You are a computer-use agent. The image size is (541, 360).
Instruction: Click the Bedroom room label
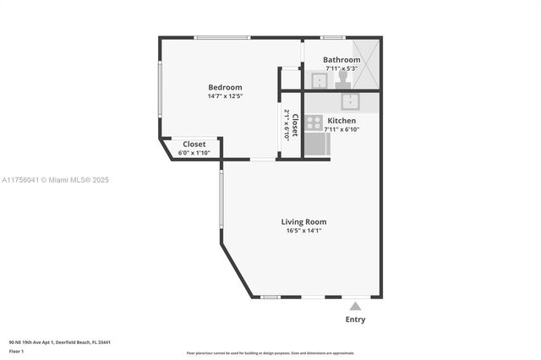coord(225,87)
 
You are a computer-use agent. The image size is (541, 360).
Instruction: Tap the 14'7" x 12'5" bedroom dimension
coord(225,96)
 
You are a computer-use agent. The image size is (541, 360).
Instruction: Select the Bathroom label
coord(342,60)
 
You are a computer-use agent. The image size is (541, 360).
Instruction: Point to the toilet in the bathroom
coord(342,79)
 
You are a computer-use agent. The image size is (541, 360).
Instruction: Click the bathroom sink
coord(320,81)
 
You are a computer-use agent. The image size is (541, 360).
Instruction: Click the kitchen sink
coord(351,102)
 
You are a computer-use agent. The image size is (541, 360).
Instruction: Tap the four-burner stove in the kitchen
coord(314,123)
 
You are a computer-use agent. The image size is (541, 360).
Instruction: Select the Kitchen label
coord(342,121)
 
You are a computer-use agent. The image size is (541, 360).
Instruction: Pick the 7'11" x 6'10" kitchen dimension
coord(342,130)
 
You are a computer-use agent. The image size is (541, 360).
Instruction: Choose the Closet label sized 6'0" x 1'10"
coord(194,144)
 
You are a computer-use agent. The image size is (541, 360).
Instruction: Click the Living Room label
coord(303,221)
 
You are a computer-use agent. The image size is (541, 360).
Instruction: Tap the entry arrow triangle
coord(356,306)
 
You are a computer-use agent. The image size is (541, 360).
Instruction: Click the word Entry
coord(356,319)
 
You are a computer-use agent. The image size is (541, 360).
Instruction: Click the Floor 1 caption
coord(16,350)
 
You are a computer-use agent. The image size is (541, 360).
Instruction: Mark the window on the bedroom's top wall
coord(221,37)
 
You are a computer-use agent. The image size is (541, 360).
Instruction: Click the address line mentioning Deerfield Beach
coord(60,341)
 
